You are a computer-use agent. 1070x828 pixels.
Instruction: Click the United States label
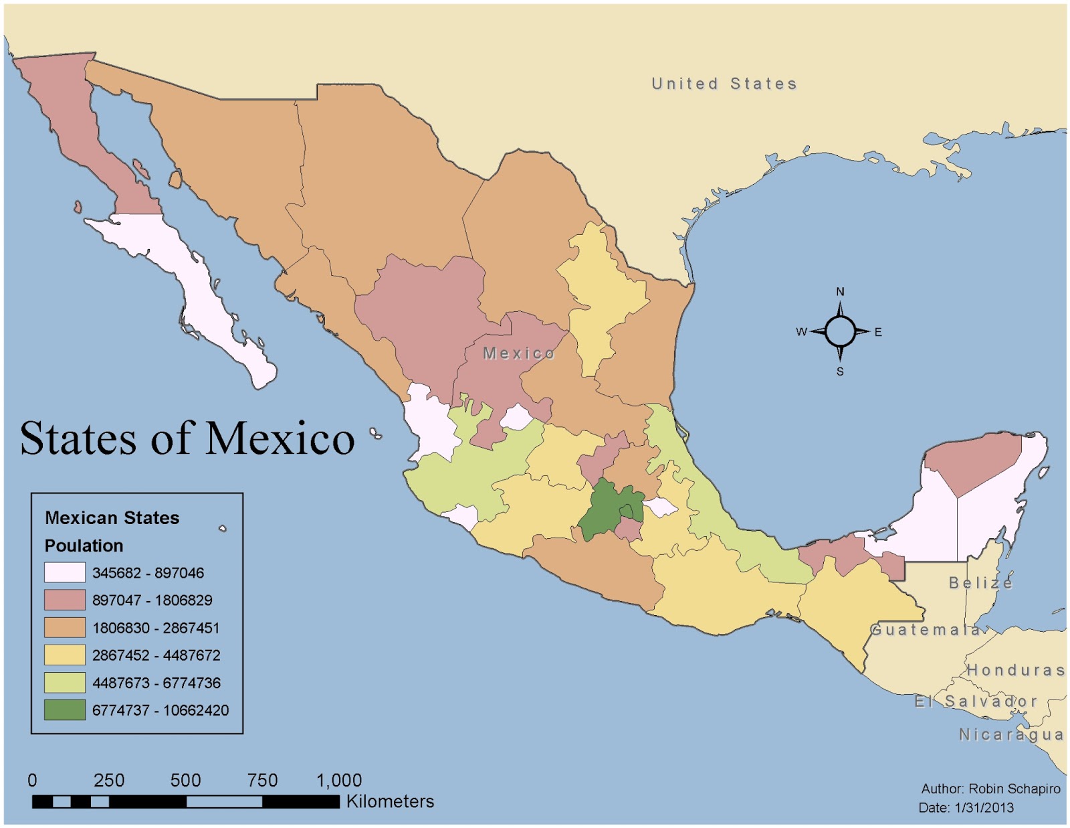724,84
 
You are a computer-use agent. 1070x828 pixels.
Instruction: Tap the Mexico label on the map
519,353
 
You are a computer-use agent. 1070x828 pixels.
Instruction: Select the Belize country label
980,582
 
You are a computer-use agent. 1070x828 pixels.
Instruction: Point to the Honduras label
1015,670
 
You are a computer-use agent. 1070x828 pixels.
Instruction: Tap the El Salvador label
976,701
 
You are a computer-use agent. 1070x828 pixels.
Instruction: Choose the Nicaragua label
1011,735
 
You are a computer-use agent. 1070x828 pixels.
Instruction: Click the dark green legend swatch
65,710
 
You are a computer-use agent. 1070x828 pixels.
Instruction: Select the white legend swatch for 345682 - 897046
65,573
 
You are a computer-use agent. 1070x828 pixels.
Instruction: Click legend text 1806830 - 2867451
156,628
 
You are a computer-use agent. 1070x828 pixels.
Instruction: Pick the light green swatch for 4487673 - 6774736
65,683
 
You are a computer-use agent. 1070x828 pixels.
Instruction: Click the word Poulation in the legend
84,546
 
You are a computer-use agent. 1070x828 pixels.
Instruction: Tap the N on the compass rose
840,292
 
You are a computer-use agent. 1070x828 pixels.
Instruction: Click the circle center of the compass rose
840,331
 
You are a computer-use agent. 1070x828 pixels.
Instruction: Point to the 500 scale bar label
185,780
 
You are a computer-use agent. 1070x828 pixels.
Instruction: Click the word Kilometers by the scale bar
390,801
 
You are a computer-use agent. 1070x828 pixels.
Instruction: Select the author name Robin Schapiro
1014,789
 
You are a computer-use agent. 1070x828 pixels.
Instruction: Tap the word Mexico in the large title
280,438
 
